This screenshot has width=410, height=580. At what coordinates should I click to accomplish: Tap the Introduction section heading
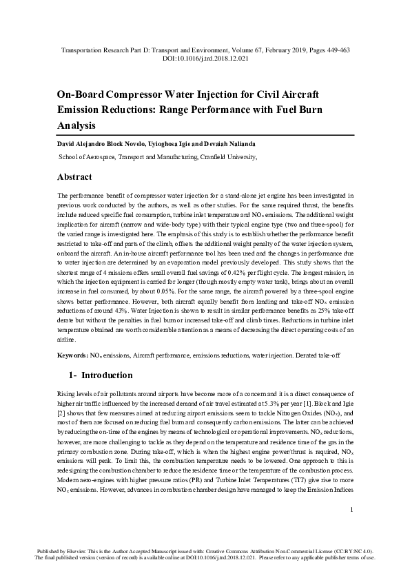pos(107,375)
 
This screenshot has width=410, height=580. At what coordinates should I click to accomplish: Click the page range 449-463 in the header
pos(334,51)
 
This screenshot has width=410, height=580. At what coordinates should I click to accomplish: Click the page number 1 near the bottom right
pos(351,528)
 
